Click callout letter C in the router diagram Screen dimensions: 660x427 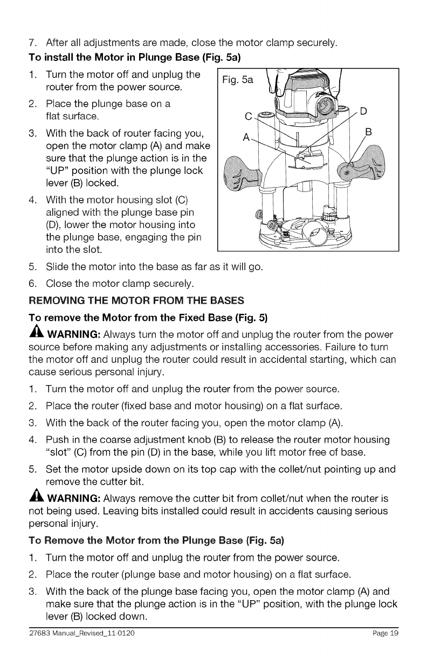pos(249,115)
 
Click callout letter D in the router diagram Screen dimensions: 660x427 pos(363,112)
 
